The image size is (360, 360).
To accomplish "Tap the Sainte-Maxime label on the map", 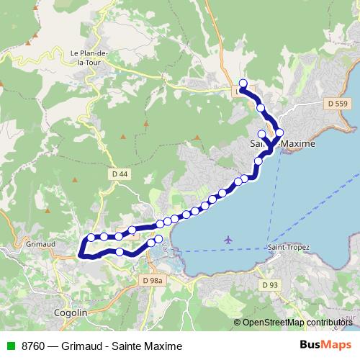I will [x=282, y=145].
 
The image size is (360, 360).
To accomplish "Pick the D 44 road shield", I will [x=119, y=174].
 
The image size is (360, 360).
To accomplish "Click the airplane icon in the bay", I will [x=229, y=239].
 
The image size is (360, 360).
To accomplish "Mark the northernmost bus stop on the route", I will [x=243, y=83].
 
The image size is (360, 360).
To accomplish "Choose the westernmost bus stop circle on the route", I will [x=91, y=238].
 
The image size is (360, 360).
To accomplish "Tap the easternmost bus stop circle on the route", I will [x=279, y=132].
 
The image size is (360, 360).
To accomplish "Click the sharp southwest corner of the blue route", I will [x=80, y=254].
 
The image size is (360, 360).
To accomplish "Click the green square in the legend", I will [x=10, y=346].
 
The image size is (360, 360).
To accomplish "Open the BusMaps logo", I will [x=325, y=346].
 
